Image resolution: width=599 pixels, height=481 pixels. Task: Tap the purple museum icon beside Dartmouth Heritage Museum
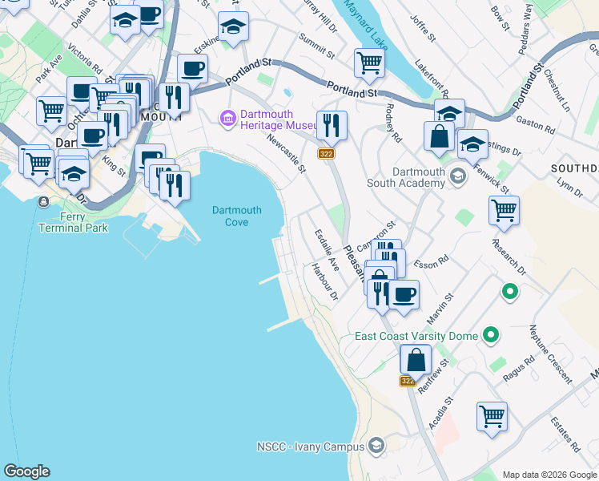point(228,119)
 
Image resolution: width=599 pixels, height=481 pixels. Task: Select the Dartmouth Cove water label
point(236,216)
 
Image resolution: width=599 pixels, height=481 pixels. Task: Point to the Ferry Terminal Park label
point(73,222)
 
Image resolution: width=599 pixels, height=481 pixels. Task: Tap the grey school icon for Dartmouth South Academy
point(457,176)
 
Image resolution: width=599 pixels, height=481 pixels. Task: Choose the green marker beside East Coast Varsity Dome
point(492,336)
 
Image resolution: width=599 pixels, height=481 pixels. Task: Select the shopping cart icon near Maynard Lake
point(368,62)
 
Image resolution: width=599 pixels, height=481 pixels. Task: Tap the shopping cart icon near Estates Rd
point(492,415)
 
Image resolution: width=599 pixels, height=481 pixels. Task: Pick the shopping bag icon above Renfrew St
point(415,358)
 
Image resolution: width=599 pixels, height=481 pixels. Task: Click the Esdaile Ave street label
point(327,249)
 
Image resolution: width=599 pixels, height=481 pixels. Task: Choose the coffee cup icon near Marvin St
point(404,293)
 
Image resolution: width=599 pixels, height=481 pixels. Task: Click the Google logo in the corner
point(26,471)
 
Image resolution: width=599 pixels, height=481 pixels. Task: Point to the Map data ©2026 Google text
point(549,475)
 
